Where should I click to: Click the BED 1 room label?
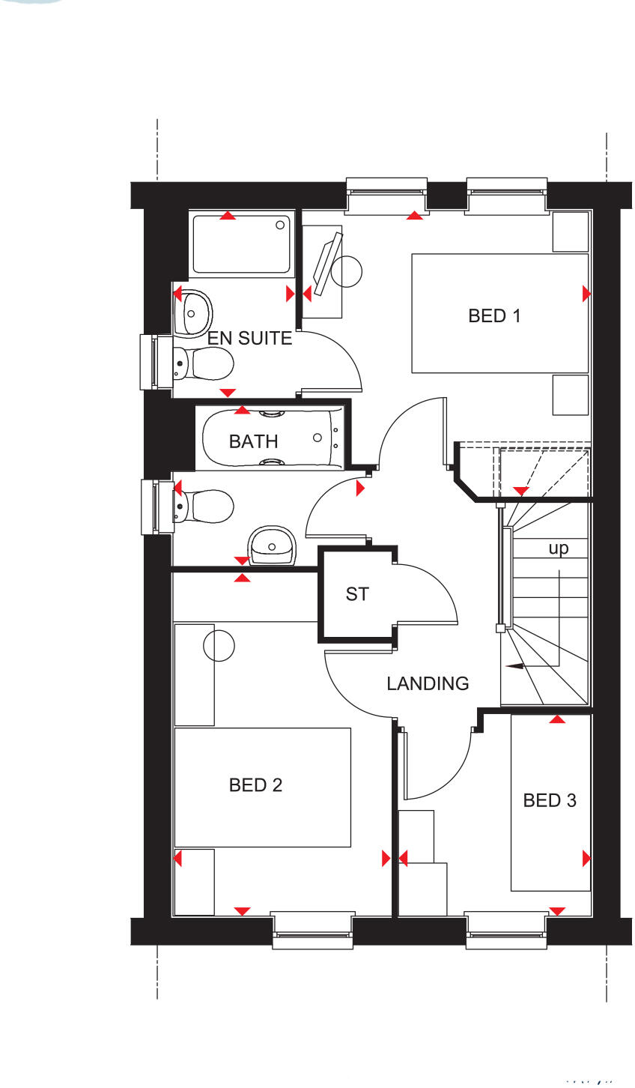(x=494, y=315)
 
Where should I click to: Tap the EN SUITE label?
(x=249, y=338)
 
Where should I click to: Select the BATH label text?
(x=253, y=441)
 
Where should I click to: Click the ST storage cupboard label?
(x=357, y=594)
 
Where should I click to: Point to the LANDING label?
(x=428, y=683)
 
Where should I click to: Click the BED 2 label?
(x=255, y=785)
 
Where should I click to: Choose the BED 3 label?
(x=550, y=800)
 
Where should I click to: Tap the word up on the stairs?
(x=559, y=548)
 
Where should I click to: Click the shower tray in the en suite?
(x=241, y=244)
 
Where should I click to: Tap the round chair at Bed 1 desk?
(x=346, y=271)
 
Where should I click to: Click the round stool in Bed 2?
(x=219, y=645)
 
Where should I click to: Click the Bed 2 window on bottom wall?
(x=312, y=930)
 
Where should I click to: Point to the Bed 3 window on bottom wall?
(x=505, y=930)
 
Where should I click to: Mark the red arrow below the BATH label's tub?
(x=242, y=560)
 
